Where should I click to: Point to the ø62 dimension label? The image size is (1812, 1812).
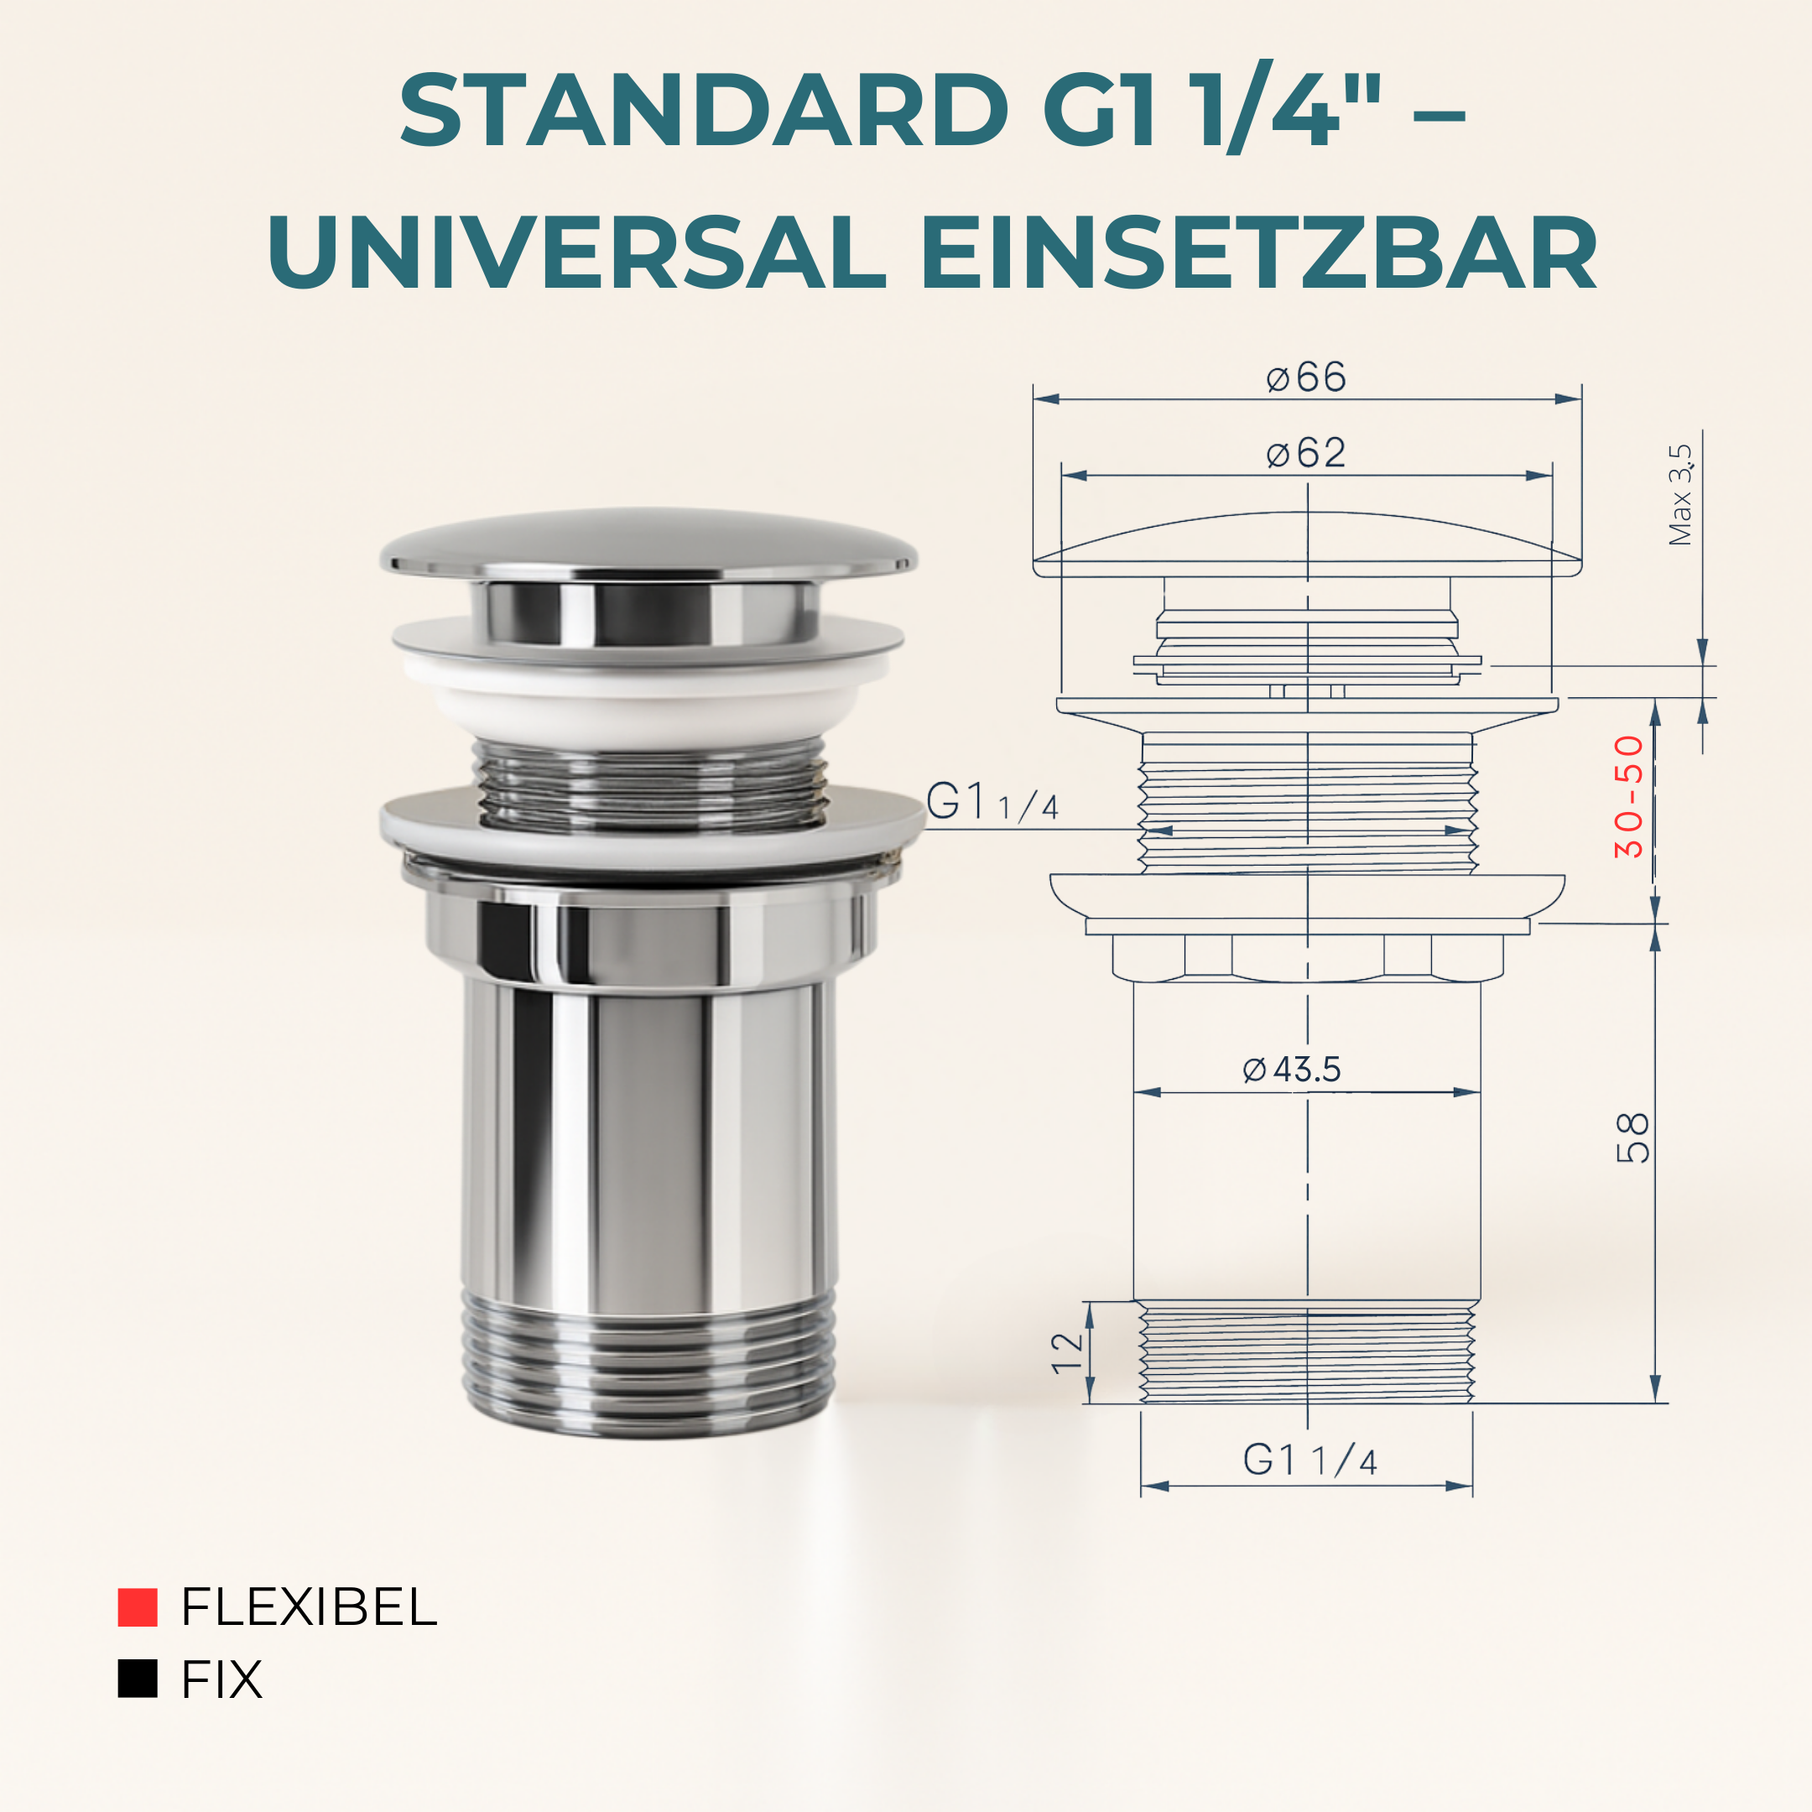pos(1305,454)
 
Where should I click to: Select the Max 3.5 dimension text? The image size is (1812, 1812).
pos(1679,494)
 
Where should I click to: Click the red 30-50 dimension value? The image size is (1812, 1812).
pos(1629,797)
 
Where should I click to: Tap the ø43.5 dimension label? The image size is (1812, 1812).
pos(1292,1070)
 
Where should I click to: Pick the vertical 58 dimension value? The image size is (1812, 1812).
pos(1632,1138)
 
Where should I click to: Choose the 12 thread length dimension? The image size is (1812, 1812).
pos(1067,1353)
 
